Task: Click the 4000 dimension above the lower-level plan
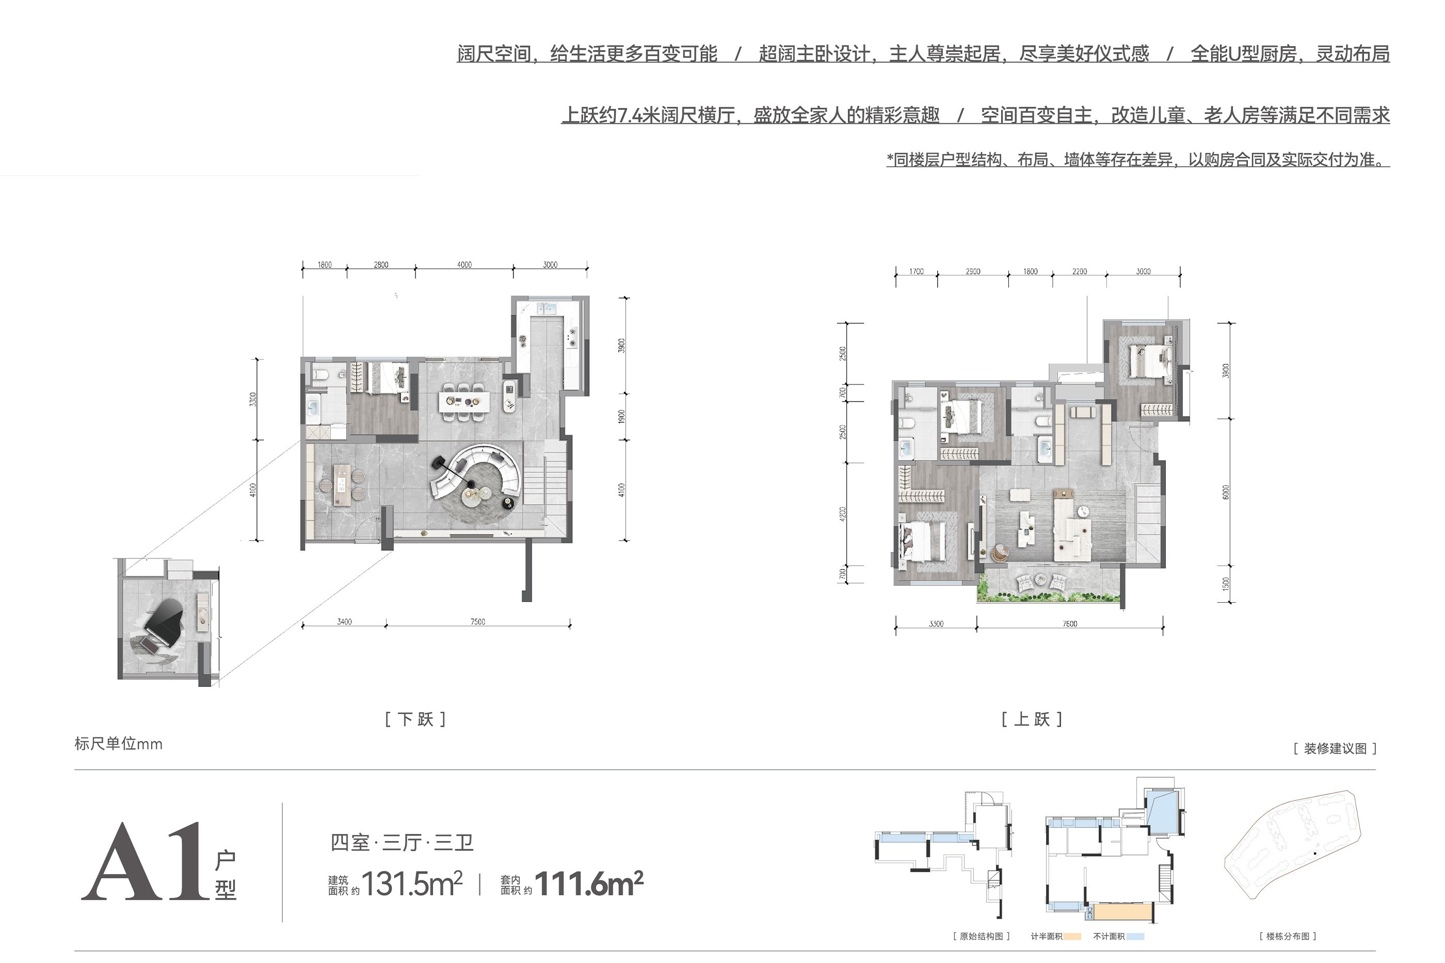[464, 265]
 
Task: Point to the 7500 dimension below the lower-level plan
[478, 621]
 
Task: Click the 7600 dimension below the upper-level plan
[1070, 624]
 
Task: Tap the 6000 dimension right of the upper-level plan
[1226, 492]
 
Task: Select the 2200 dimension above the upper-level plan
[1080, 271]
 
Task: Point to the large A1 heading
[145, 862]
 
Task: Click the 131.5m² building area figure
[412, 884]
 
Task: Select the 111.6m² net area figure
[589, 884]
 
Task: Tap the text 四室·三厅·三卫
[402, 842]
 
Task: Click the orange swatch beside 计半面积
[1072, 937]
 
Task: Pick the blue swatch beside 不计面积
[1135, 937]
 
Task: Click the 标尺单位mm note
[119, 744]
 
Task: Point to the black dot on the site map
[1315, 854]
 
